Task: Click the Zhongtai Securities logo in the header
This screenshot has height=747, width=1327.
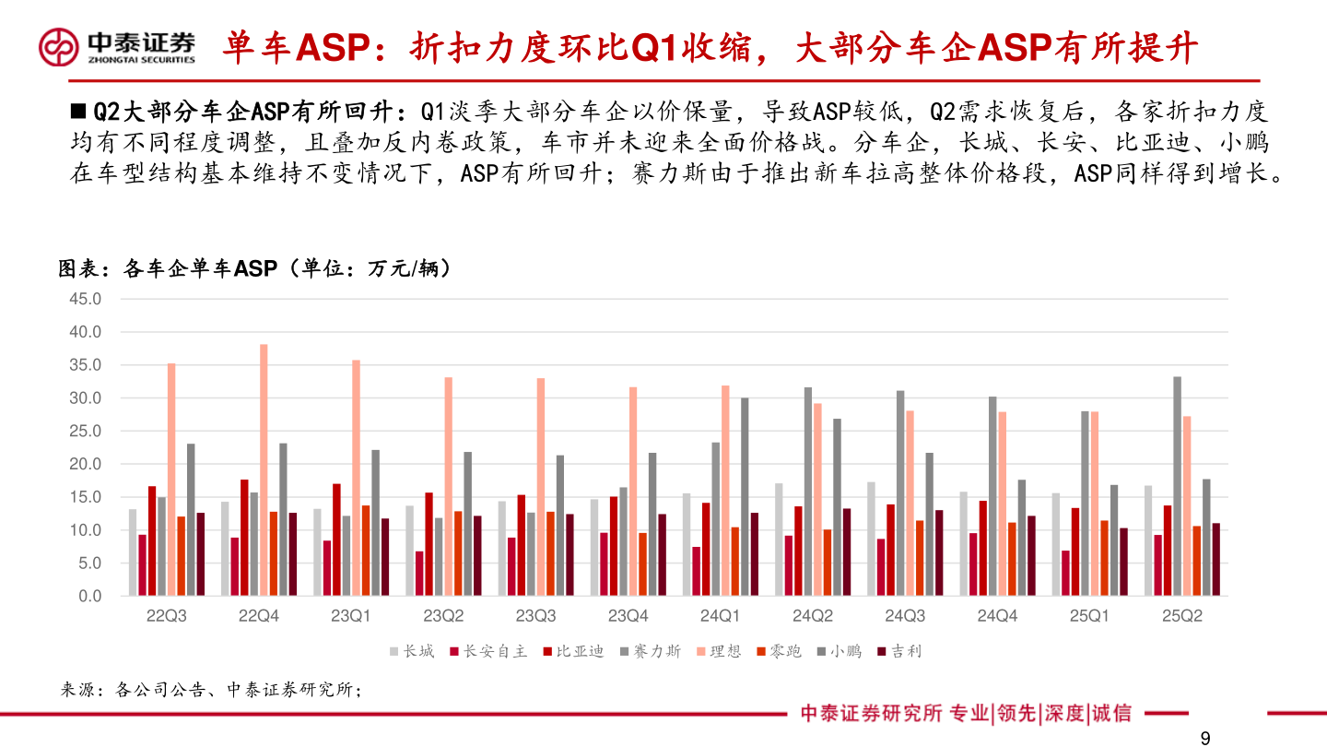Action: (x=117, y=46)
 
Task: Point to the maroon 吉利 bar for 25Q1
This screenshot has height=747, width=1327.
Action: (x=1123, y=562)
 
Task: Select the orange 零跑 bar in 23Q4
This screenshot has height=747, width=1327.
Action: (x=642, y=563)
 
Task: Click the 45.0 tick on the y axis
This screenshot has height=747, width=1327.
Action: (x=85, y=299)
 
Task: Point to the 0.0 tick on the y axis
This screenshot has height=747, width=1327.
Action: (x=88, y=596)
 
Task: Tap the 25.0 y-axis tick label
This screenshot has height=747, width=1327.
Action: (x=85, y=431)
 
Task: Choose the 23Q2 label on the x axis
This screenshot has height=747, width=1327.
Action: (x=443, y=616)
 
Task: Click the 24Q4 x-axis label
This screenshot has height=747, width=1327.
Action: (x=996, y=616)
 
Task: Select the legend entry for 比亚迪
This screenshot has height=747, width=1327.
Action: (x=573, y=651)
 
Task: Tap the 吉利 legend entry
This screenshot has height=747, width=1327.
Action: (x=898, y=651)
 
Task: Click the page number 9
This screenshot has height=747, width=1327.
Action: (x=1204, y=737)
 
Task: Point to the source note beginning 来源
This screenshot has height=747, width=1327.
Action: (x=211, y=689)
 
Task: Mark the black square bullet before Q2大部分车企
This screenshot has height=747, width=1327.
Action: (x=78, y=112)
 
